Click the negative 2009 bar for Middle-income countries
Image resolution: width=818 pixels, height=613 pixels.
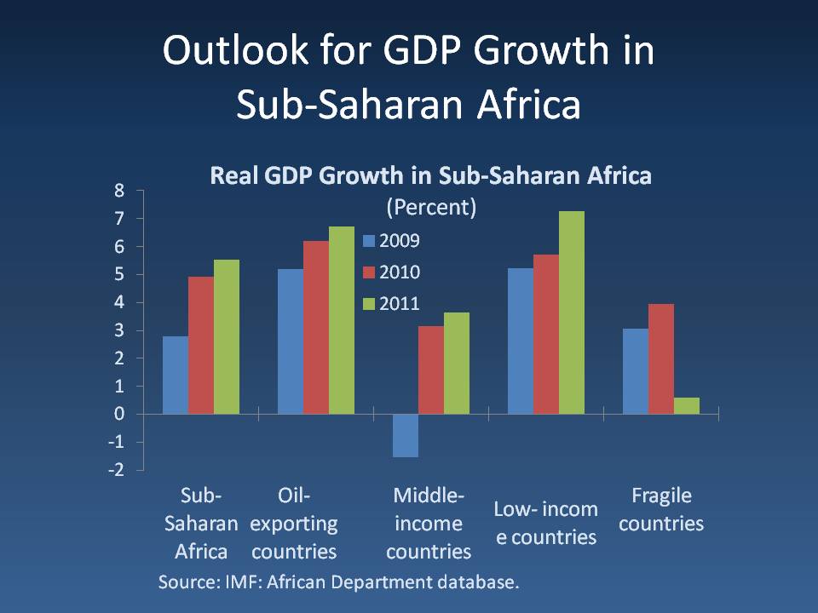click(x=405, y=435)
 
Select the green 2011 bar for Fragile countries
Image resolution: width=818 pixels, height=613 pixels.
click(x=686, y=405)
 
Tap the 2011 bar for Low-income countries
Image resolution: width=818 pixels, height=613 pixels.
click(x=571, y=312)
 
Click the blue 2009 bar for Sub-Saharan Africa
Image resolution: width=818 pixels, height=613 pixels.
click(x=176, y=375)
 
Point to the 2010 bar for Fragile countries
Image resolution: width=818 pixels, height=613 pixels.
click(x=660, y=358)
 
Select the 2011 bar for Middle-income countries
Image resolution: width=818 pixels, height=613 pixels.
click(x=456, y=363)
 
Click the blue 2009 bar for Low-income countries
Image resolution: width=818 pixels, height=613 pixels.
click(x=520, y=341)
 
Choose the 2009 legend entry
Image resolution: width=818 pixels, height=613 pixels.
click(x=391, y=241)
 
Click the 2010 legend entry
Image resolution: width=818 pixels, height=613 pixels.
click(x=391, y=272)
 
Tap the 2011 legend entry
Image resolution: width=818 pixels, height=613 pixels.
click(x=391, y=304)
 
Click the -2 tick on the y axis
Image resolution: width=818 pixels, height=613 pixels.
click(x=115, y=470)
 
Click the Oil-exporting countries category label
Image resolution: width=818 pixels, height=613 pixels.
click(x=294, y=523)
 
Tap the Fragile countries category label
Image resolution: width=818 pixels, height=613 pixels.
click(x=661, y=509)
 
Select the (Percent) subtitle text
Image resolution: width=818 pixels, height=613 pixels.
click(x=430, y=208)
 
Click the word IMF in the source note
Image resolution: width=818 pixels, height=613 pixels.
click(x=243, y=582)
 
